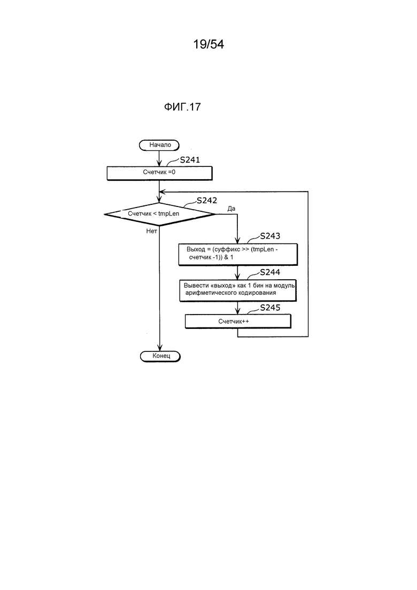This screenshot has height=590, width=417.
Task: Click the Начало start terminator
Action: pyautogui.click(x=159, y=145)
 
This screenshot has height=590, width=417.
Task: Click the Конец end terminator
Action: pyautogui.click(x=160, y=356)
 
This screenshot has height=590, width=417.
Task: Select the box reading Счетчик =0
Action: pyautogui.click(x=159, y=173)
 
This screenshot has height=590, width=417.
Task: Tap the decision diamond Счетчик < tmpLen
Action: pyautogui.click(x=160, y=214)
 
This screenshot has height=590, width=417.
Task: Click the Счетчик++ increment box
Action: pyautogui.click(x=238, y=321)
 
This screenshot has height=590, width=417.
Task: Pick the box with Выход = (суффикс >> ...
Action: pyautogui.click(x=238, y=255)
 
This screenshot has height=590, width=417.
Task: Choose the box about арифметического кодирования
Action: pyautogui.click(x=238, y=290)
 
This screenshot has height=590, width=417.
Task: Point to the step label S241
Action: pyautogui.click(x=190, y=160)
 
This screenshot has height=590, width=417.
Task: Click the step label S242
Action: pyautogui.click(x=207, y=201)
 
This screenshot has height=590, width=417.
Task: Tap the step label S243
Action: pyautogui.click(x=270, y=236)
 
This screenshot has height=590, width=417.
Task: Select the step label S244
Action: pyautogui.click(x=270, y=272)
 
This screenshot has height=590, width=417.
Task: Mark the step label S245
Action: pyautogui.click(x=270, y=308)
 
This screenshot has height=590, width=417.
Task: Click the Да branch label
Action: pyautogui.click(x=231, y=209)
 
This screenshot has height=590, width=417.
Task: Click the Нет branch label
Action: pyautogui.click(x=151, y=231)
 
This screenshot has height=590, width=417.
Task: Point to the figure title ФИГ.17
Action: pyautogui.click(x=182, y=107)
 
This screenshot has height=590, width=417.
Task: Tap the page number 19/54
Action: pyautogui.click(x=208, y=44)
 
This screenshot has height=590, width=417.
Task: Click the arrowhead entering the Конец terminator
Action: pyautogui.click(x=160, y=348)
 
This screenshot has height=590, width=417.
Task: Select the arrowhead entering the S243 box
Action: pyautogui.click(x=238, y=241)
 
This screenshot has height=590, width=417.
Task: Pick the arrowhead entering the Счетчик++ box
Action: pyautogui.click(x=238, y=311)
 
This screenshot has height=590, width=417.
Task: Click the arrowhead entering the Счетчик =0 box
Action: pyautogui.click(x=159, y=164)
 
